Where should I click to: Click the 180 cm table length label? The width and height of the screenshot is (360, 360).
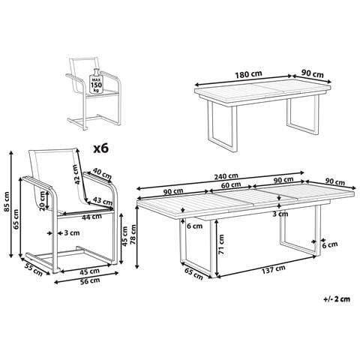248,74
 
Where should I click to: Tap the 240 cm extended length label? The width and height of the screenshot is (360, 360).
226,176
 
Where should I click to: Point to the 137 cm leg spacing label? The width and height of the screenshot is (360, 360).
273,269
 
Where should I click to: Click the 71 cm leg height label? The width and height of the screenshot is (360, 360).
221,244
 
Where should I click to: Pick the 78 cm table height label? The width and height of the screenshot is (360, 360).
133,234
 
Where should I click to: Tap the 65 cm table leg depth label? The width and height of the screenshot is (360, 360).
193,274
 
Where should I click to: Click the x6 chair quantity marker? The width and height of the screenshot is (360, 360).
101,148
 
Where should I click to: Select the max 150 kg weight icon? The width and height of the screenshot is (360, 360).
96,81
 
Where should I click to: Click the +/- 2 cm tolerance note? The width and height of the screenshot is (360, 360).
337,299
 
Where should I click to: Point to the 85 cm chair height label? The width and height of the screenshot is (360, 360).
7,202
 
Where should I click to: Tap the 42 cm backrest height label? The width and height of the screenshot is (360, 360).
78,175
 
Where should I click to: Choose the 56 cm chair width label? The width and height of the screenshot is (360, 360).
89,280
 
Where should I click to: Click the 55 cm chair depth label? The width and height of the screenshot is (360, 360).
34,269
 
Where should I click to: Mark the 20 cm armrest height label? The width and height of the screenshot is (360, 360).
43,201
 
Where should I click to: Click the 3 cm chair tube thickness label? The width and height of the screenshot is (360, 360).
72,233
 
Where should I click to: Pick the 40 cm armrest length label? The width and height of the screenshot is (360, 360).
102,173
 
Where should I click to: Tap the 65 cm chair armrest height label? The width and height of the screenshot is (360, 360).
16,219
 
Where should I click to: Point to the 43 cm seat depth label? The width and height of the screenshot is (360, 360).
103,200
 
